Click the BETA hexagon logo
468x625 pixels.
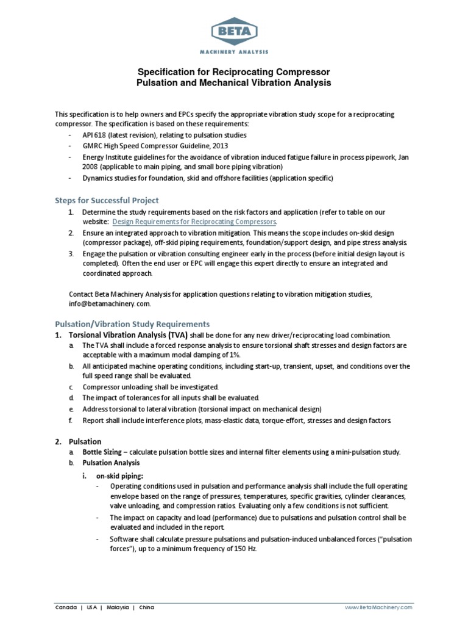(234, 31)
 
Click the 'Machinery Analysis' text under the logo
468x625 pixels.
(234, 52)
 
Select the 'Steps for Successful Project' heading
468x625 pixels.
(107, 200)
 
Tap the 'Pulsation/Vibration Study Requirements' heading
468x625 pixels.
(132, 323)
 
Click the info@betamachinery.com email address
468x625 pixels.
(108, 303)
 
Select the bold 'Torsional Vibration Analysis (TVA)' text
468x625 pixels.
(129, 335)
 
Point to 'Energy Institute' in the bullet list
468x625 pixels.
(105, 157)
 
